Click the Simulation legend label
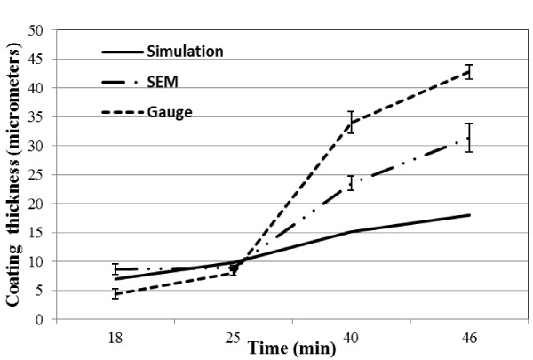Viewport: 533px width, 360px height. tap(185, 51)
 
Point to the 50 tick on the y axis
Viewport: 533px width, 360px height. tap(38, 30)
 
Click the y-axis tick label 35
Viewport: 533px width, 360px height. tap(38, 117)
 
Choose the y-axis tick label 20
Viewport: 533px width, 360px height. tap(38, 204)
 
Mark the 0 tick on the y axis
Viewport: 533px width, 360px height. tap(42, 320)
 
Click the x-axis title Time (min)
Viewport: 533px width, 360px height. tap(292, 348)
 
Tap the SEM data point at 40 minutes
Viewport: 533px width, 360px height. tap(351, 183)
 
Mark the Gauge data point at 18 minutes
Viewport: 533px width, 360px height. tap(115, 293)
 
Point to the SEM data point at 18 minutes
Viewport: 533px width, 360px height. tap(115, 268)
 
